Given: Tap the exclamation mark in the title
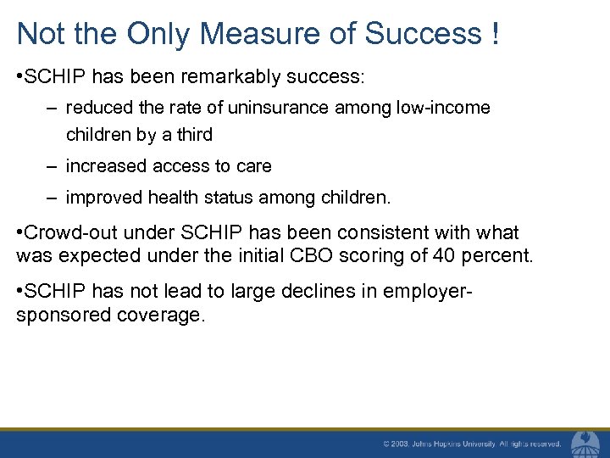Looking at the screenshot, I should pyautogui.click(x=494, y=34).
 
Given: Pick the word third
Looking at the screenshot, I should pyautogui.click(x=193, y=134).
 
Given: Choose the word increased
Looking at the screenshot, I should pyautogui.click(x=106, y=165).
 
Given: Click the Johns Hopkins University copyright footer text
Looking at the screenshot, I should pyautogui.click(x=471, y=444).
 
